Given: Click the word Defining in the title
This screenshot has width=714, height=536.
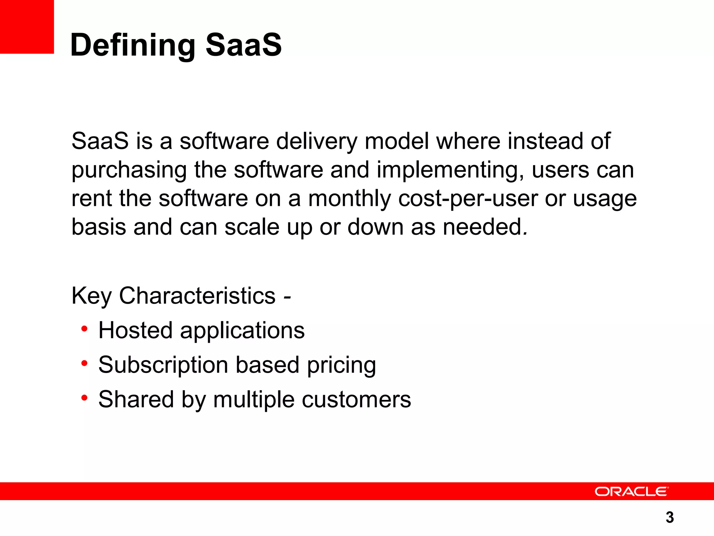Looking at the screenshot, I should pyautogui.click(x=132, y=45).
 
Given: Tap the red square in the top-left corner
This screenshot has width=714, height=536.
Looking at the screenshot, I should pyautogui.click(x=26, y=27).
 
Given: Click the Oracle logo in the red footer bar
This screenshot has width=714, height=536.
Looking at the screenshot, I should pyautogui.click(x=631, y=491).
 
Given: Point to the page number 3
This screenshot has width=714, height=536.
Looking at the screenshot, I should pyautogui.click(x=669, y=517).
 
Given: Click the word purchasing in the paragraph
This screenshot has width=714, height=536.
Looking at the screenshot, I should pyautogui.click(x=129, y=171).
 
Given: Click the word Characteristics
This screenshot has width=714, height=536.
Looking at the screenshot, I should pyautogui.click(x=197, y=296).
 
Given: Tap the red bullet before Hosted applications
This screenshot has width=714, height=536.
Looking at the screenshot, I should pyautogui.click(x=84, y=329).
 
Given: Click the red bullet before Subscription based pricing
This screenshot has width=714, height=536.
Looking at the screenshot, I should pyautogui.click(x=84, y=363).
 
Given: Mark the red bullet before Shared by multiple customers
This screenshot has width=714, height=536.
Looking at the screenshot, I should pyautogui.click(x=84, y=397).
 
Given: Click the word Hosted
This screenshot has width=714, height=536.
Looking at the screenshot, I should pyautogui.click(x=135, y=330).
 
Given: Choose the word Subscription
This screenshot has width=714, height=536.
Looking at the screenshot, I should pyautogui.click(x=163, y=365).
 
